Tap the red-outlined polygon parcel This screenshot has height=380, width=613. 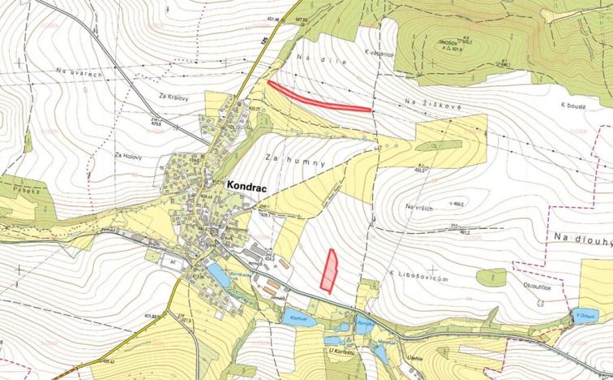329,270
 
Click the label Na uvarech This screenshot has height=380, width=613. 79,75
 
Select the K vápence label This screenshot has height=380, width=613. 379,54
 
